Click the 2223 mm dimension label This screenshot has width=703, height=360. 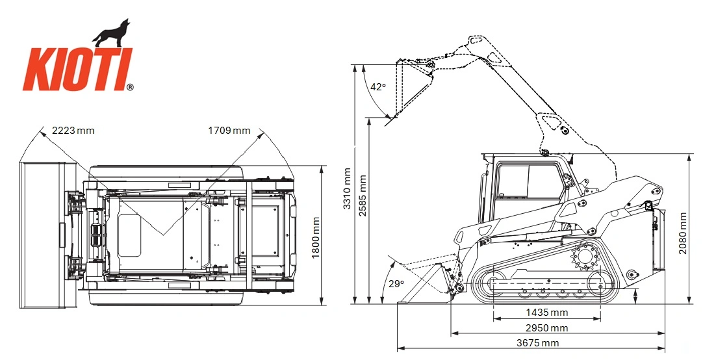[73, 131]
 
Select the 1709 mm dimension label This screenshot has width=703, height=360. [229, 131]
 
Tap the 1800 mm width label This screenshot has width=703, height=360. [316, 238]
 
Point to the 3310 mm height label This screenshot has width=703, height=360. [347, 188]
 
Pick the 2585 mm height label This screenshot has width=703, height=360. [363, 196]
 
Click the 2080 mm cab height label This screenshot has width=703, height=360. [683, 233]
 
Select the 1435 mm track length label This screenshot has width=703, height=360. [546, 313]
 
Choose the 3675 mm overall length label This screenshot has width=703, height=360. [537, 343]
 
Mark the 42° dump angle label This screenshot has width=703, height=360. [378, 87]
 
